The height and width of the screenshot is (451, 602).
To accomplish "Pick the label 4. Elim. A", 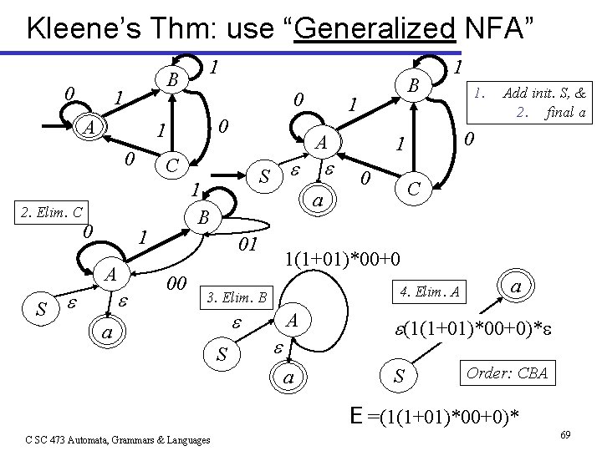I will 431,291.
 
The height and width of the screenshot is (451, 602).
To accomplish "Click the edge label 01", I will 247,245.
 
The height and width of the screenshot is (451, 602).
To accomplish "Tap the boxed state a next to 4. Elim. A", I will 517,286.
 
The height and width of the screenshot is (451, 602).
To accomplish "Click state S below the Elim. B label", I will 222,355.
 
